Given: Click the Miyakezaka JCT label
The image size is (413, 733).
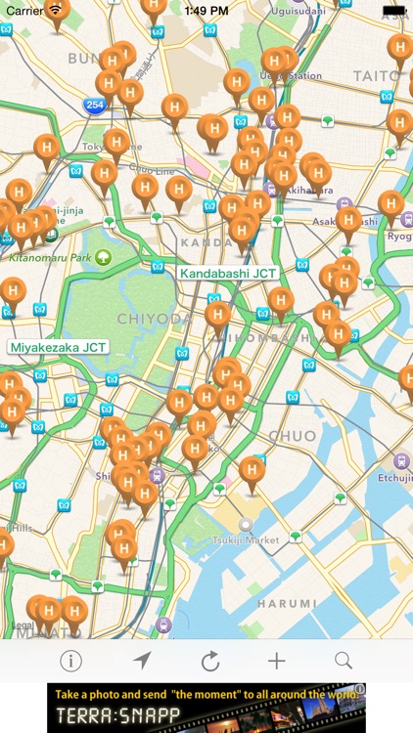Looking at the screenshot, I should pyautogui.click(x=58, y=346).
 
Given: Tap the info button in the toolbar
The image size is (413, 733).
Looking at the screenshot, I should pyautogui.click(x=70, y=661).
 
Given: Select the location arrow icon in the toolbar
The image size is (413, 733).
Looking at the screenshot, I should pyautogui.click(x=143, y=661).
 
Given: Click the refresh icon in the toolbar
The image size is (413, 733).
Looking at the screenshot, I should pyautogui.click(x=210, y=661).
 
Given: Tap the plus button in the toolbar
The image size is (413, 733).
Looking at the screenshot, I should pyautogui.click(x=277, y=661).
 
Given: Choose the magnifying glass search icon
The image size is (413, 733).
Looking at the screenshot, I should pyautogui.click(x=344, y=661).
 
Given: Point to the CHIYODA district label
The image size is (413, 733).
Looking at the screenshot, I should pyautogui.click(x=155, y=319).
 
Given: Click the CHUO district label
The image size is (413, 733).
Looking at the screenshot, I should pyautogui.click(x=292, y=436).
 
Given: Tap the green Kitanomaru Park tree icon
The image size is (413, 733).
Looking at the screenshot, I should pyautogui.click(x=103, y=258).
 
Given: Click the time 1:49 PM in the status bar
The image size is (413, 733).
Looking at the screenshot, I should pyautogui.click(x=206, y=11).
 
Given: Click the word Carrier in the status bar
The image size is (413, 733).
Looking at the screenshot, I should pyautogui.click(x=24, y=11).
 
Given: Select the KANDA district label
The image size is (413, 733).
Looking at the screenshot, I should pyautogui.click(x=206, y=241).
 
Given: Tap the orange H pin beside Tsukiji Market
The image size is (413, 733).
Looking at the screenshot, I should pyautogui.click(x=252, y=471).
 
